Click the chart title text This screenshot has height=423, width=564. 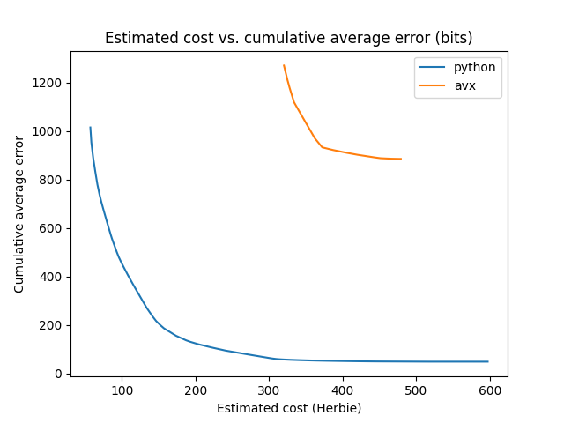[x=288, y=38]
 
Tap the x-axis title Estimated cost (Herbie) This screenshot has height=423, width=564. [x=289, y=408]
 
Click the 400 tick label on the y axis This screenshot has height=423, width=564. [x=53, y=277]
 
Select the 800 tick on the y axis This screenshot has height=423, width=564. [x=53, y=180]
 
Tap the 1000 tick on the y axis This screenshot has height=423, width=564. [x=49, y=131]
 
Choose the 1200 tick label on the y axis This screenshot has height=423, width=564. [x=49, y=83]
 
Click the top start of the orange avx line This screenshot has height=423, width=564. [x=284, y=65]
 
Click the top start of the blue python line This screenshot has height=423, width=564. [x=90, y=128]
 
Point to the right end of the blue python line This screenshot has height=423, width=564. [x=487, y=361]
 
